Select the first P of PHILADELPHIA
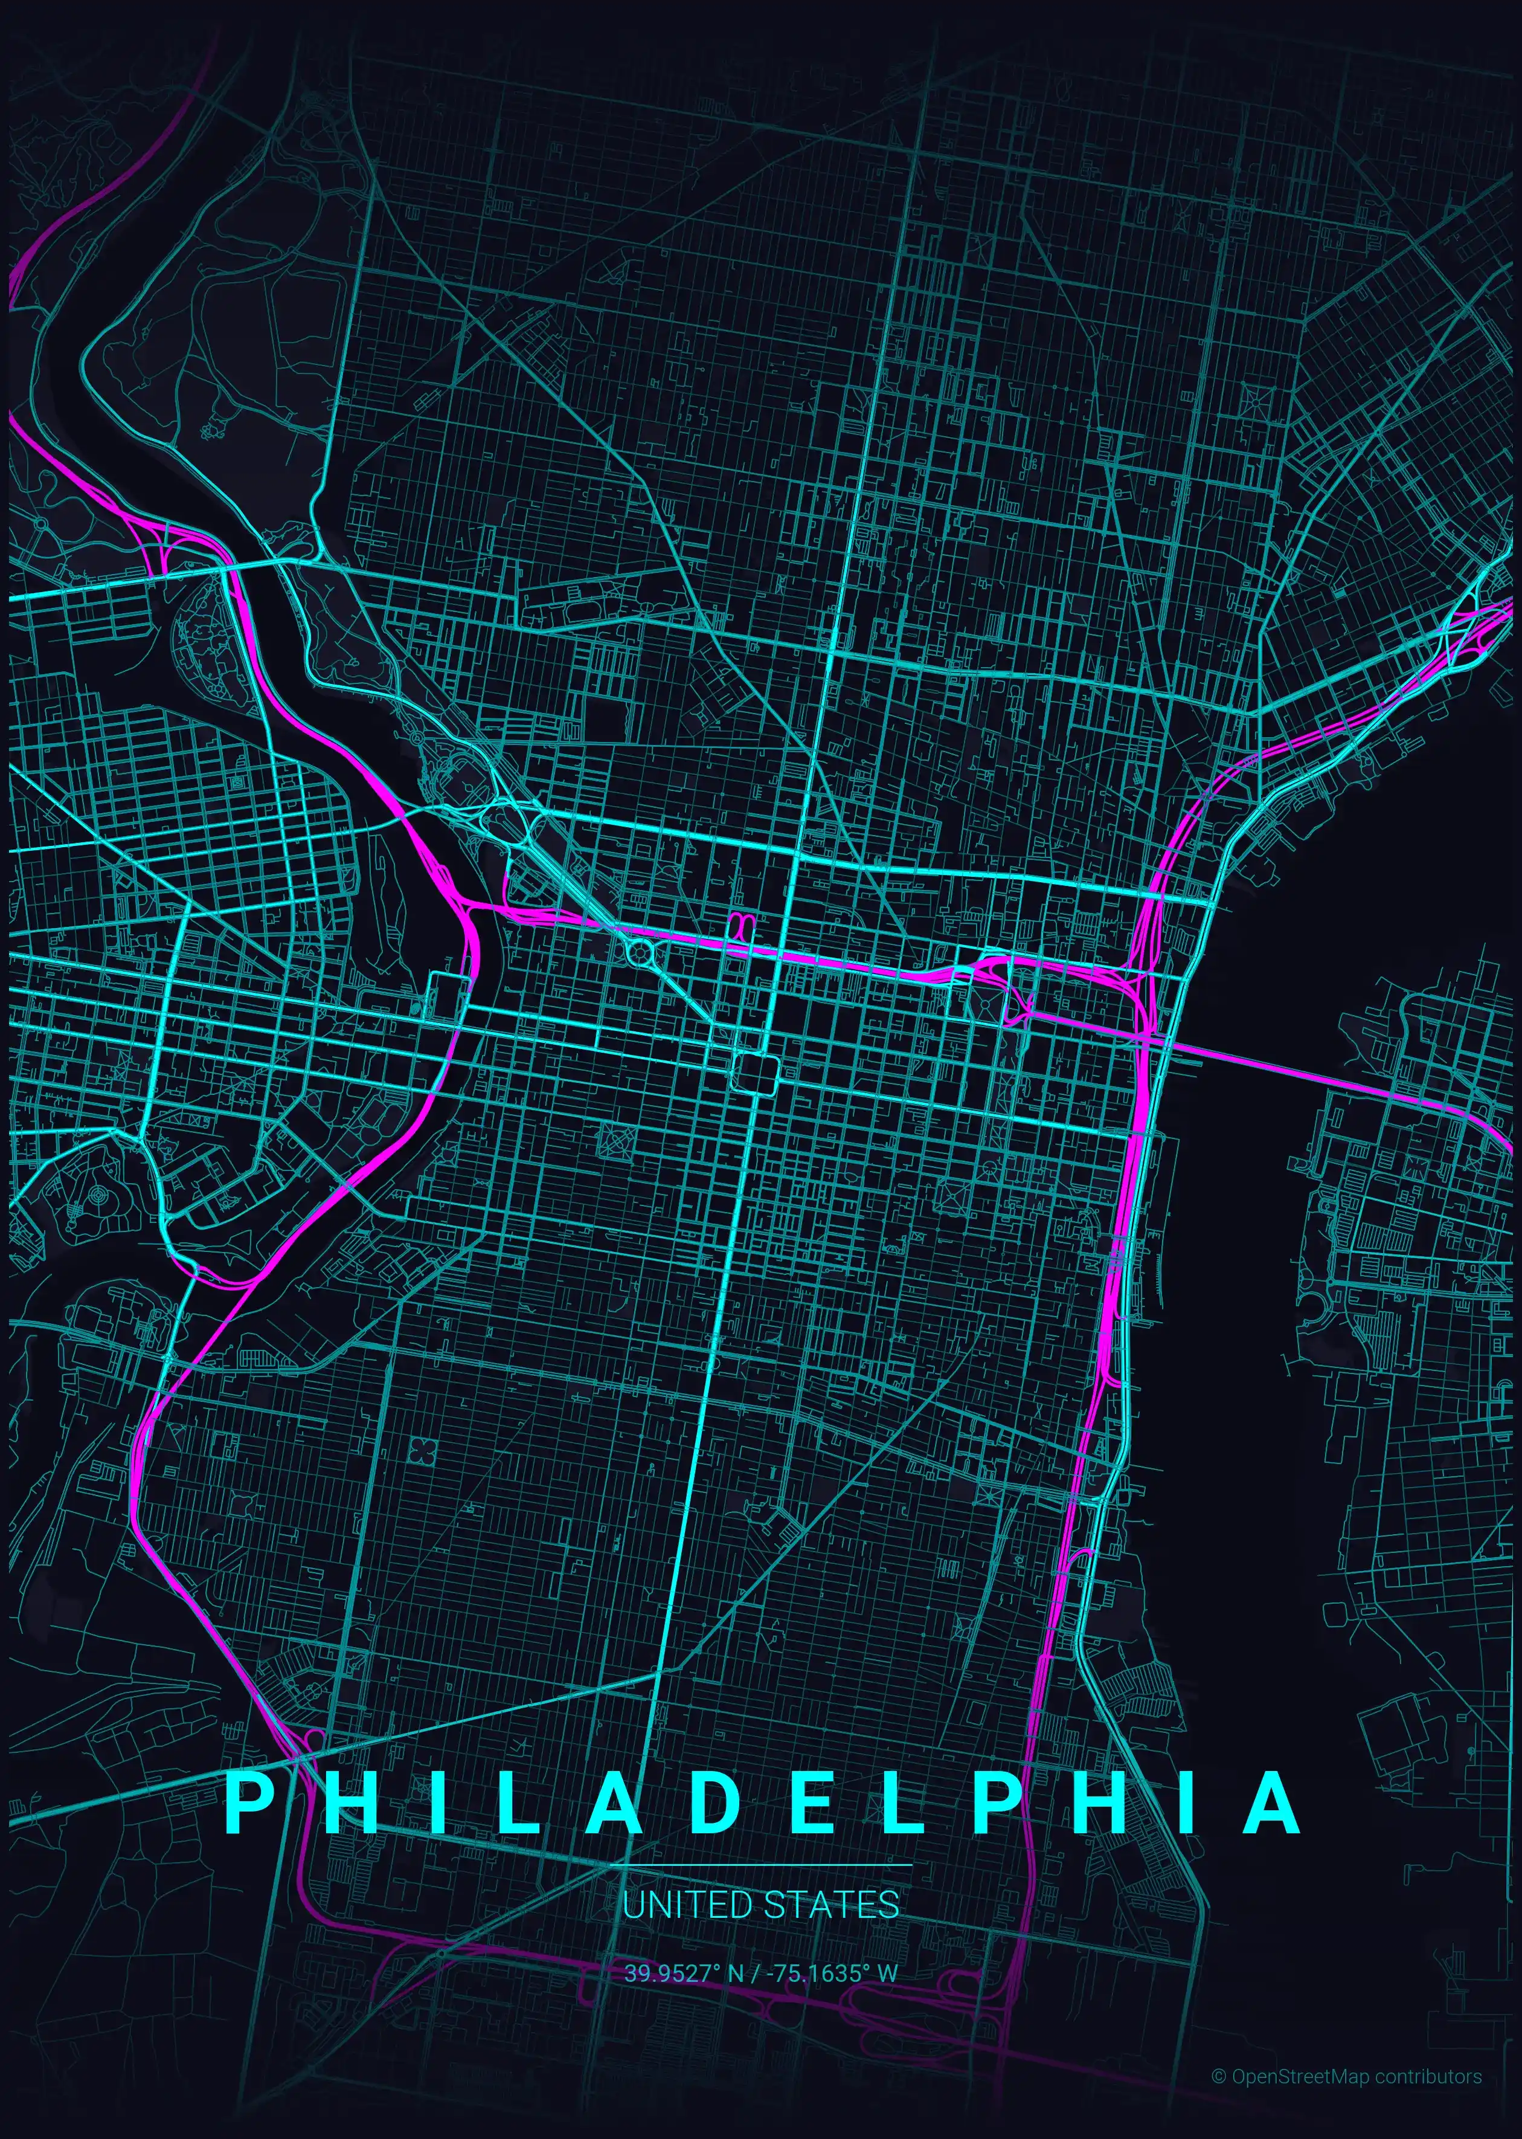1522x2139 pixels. pos(248,1802)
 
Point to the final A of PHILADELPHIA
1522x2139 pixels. pos(1271,1802)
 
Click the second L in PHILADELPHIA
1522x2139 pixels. pos(902,1802)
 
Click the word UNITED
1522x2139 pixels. pos(687,1905)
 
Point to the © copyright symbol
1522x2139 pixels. pos(1218,2076)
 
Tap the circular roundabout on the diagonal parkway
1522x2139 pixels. pos(641,954)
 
